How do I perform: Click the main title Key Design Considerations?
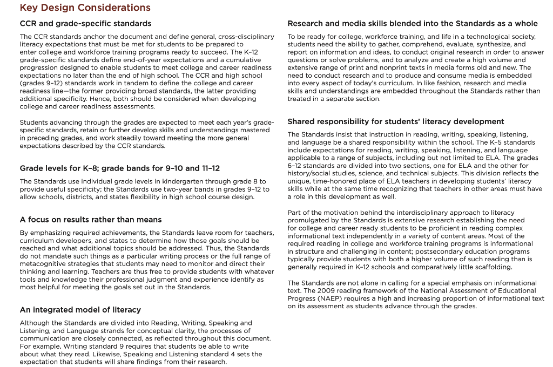pos(85,8)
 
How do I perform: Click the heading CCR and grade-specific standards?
pos(85,23)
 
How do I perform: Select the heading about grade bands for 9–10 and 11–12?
pos(119,168)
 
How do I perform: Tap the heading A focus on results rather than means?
pos(91,220)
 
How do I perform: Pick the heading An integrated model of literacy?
pos(80,310)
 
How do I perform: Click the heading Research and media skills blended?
pos(413,23)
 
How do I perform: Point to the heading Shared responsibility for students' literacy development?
pos(395,121)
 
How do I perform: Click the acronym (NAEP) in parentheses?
pos(332,298)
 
